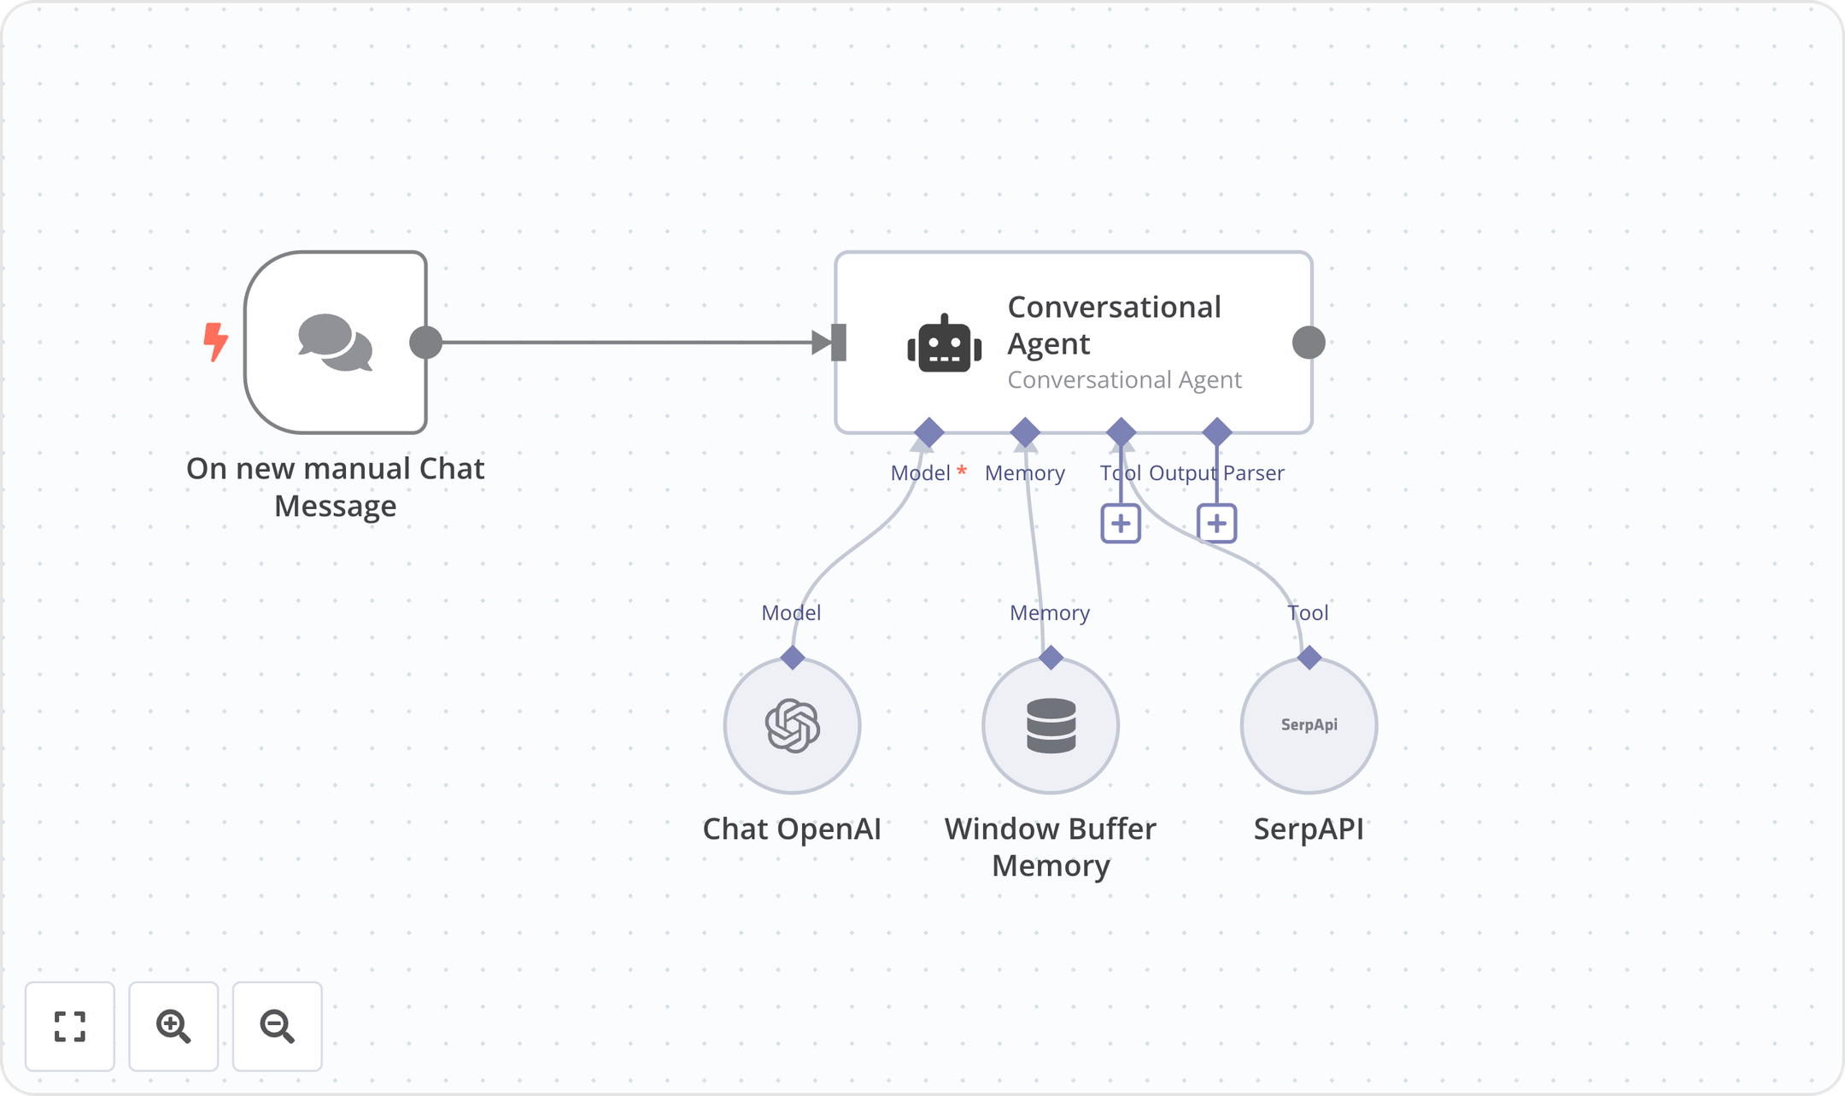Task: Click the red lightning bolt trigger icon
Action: (215, 342)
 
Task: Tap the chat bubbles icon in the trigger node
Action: (335, 343)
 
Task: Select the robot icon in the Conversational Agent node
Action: (944, 344)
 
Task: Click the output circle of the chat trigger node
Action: (426, 343)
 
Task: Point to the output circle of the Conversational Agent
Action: (1309, 343)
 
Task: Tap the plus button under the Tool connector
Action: (1121, 524)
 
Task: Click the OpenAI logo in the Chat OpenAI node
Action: (793, 725)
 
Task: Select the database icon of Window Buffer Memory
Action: (1051, 725)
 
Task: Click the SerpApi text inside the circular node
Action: (1309, 725)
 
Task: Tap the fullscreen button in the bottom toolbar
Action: (70, 1026)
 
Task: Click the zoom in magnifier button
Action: (173, 1026)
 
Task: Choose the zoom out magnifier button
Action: (278, 1026)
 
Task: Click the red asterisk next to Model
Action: (962, 470)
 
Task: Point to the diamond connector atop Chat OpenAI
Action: (793, 658)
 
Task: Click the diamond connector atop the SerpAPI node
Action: (1309, 658)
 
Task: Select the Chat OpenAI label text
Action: (792, 829)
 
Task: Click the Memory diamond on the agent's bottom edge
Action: (1025, 432)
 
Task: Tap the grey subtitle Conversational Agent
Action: (1124, 380)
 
